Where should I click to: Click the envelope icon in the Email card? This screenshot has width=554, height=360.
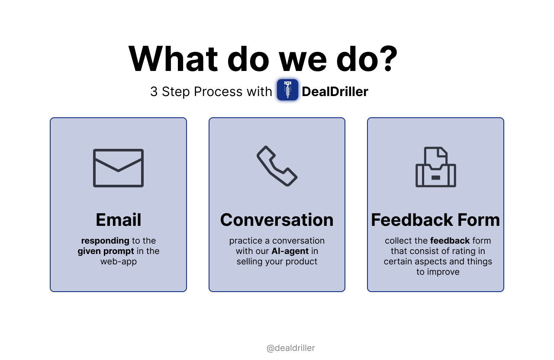click(x=118, y=168)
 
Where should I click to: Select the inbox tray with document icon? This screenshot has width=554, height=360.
click(x=435, y=167)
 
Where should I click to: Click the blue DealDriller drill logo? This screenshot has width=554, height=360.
click(x=287, y=90)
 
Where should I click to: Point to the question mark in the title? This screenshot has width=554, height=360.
click(x=387, y=58)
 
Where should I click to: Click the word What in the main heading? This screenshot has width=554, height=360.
click(x=173, y=59)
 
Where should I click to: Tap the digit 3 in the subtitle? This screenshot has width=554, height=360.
click(x=154, y=91)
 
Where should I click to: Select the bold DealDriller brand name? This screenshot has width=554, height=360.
click(x=335, y=91)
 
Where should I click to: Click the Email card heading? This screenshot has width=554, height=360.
click(x=119, y=219)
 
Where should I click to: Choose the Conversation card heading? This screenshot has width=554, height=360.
click(x=277, y=219)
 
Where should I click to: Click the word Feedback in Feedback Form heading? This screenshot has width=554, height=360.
click(x=412, y=219)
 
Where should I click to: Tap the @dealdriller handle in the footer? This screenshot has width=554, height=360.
click(x=290, y=348)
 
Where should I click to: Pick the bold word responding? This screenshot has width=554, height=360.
click(x=105, y=241)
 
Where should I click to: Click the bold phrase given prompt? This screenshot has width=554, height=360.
click(x=106, y=251)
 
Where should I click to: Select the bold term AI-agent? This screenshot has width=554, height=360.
click(x=290, y=251)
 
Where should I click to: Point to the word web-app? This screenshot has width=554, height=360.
click(x=119, y=262)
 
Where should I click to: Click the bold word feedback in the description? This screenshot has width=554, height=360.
click(x=450, y=241)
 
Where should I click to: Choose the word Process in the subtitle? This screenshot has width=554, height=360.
click(x=218, y=91)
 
